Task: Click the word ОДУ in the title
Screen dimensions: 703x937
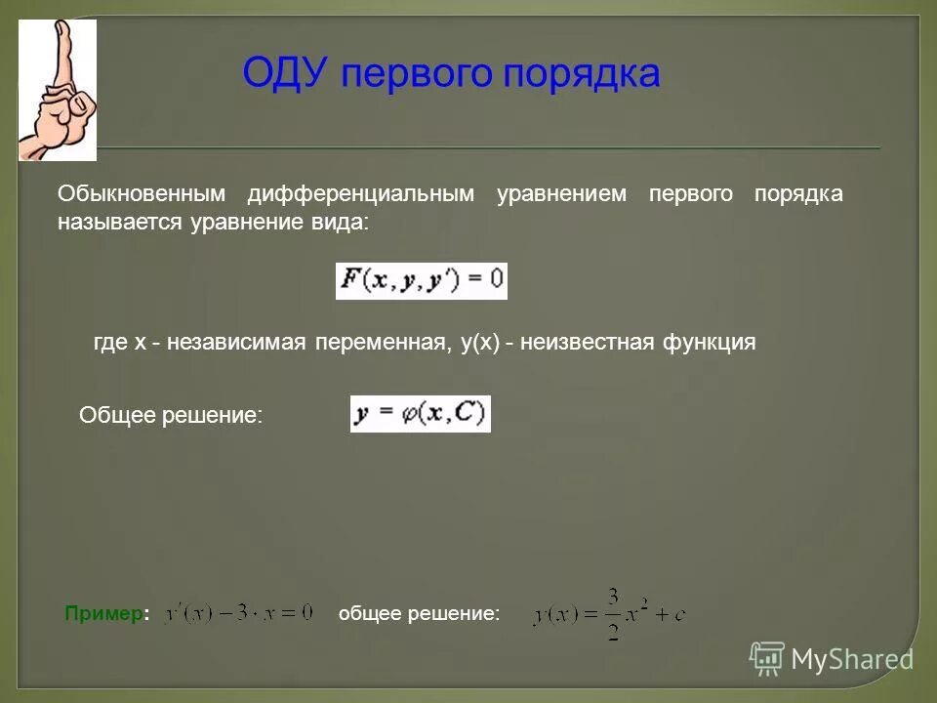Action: (x=286, y=73)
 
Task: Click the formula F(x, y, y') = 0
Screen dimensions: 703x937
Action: (x=422, y=281)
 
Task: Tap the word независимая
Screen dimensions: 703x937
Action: (x=236, y=343)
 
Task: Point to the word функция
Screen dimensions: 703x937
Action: (x=710, y=343)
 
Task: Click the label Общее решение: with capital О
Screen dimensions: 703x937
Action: (x=171, y=415)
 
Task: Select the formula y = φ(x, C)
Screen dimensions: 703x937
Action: (x=421, y=414)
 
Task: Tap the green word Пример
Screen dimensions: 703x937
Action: (x=105, y=613)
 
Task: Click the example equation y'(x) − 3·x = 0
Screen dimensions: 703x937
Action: (x=238, y=613)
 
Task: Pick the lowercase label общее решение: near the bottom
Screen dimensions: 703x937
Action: (x=419, y=613)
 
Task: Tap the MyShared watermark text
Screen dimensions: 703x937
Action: (x=852, y=659)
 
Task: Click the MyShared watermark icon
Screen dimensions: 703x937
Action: (x=767, y=657)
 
